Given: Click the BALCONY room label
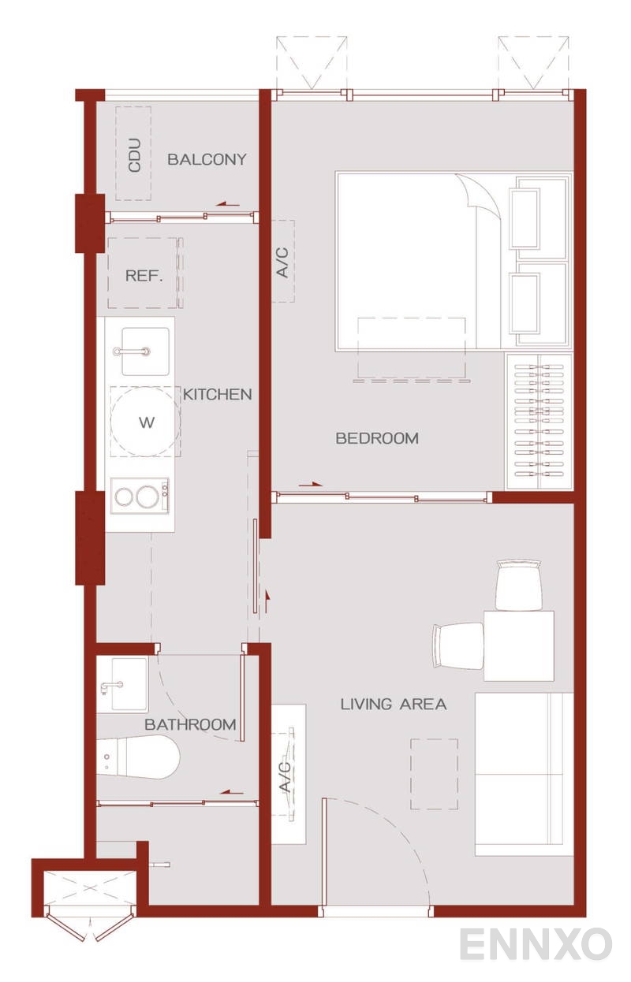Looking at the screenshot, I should (x=207, y=159).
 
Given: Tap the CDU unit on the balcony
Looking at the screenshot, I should (x=134, y=154).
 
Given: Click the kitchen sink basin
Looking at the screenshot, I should (x=144, y=352).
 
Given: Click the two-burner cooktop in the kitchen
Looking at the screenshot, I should (x=140, y=497).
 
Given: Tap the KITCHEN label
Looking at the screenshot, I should (x=218, y=394).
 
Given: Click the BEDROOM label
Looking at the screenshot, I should (x=377, y=438).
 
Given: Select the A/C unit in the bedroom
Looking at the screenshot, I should (x=282, y=261).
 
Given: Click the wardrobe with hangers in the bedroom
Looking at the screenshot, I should (x=539, y=421).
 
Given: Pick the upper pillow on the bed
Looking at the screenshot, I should (x=540, y=218).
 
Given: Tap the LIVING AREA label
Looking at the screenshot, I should (x=394, y=704).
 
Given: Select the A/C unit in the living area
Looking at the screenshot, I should (x=288, y=774).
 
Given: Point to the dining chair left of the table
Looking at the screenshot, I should (x=457, y=645).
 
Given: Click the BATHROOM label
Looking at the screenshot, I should (x=190, y=724).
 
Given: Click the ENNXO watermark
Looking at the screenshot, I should (x=535, y=944).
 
